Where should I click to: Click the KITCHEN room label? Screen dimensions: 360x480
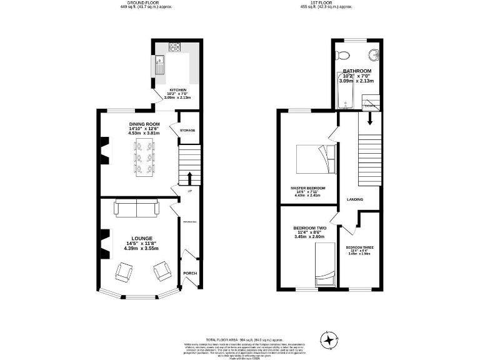point(176,89)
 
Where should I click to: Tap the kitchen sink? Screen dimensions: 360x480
point(160,64)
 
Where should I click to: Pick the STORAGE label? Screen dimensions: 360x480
point(187,130)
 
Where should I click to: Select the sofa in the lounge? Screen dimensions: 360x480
point(136,208)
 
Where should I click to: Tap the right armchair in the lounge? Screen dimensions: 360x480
point(162,271)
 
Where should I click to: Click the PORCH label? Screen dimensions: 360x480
point(189,274)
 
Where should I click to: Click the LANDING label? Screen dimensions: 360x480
point(355,199)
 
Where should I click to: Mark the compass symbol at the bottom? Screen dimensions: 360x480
point(328,339)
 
